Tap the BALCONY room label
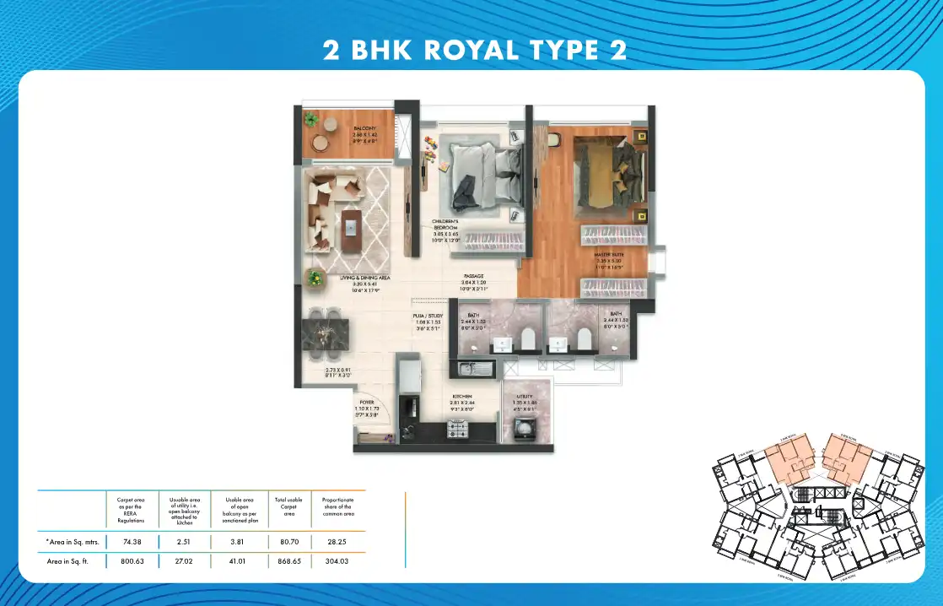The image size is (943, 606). pos(364,128)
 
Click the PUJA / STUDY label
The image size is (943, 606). pos(428,317)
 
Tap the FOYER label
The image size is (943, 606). pos(366,403)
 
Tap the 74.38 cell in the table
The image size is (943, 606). pos(130,541)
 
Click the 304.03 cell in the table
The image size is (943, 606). pos(337,559)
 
